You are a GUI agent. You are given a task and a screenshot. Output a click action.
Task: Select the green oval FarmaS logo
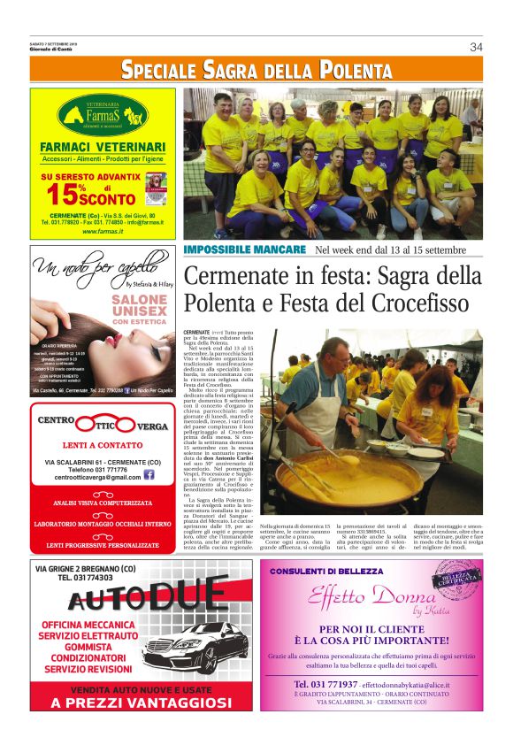tap(103, 115)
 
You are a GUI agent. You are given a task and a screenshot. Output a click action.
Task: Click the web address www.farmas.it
tap(103, 232)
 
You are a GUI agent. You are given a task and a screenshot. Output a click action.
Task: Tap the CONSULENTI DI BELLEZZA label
tap(327, 572)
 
